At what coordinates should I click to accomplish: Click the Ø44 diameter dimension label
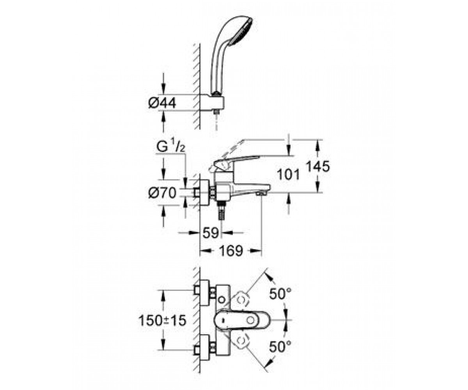click(x=162, y=103)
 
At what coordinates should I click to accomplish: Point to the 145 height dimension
click(x=317, y=166)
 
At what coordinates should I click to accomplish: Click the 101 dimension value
click(x=288, y=175)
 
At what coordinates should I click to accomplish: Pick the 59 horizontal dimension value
click(x=211, y=233)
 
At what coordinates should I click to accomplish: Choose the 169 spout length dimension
click(x=231, y=251)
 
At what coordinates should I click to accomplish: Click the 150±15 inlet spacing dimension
click(x=163, y=320)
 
